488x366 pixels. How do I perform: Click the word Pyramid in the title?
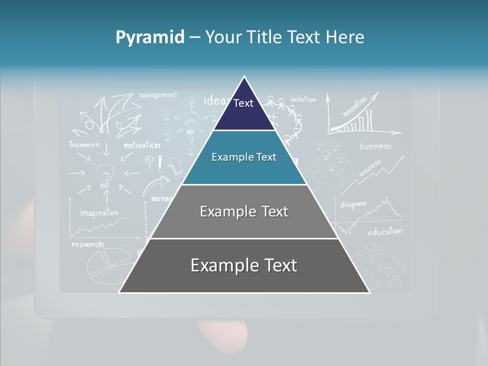click(x=150, y=37)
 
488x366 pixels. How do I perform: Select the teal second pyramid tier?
click(x=244, y=158)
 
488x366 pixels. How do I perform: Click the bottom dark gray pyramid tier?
click(x=244, y=266)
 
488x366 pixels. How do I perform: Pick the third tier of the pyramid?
click(x=244, y=211)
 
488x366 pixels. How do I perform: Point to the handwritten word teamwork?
click(x=85, y=144)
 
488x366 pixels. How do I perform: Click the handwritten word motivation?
click(x=142, y=145)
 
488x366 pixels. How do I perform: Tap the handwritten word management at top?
click(x=158, y=95)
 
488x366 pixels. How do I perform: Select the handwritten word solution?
click(x=303, y=99)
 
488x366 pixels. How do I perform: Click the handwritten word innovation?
click(x=354, y=107)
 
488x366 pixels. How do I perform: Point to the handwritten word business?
click(x=376, y=146)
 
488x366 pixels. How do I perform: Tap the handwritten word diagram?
click(x=353, y=204)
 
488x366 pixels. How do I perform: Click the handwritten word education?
click(x=385, y=232)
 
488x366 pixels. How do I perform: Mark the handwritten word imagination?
click(x=99, y=212)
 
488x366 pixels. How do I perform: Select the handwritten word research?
click(x=87, y=245)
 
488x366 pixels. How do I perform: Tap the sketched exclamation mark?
click(x=160, y=163)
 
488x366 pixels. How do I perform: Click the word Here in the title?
click(x=346, y=37)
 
